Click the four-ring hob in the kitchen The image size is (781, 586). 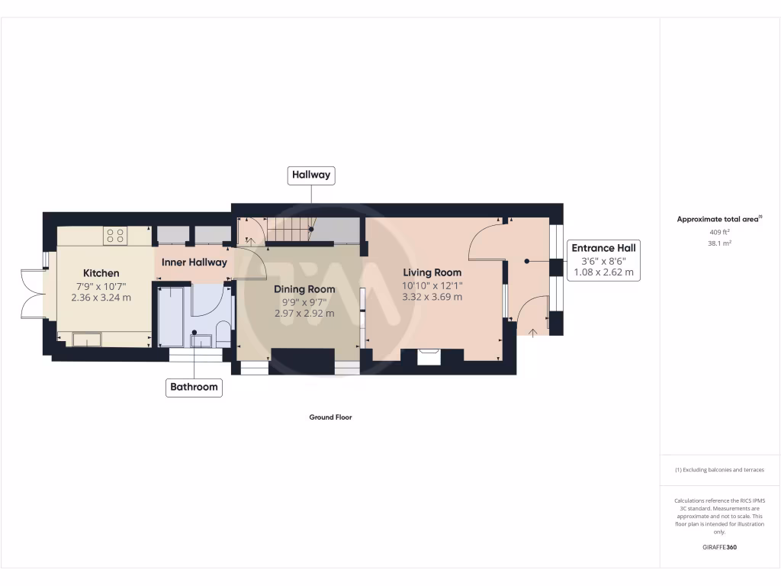(x=116, y=236)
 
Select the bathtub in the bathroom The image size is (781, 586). (x=170, y=314)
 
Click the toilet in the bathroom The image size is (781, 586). (x=223, y=333)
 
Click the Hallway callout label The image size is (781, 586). (x=311, y=175)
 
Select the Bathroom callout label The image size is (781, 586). (x=194, y=387)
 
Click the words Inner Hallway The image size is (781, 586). (x=194, y=262)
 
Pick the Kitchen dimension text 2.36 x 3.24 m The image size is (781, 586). (x=101, y=298)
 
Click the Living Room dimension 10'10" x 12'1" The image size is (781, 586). (x=432, y=285)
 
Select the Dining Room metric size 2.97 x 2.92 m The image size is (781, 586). (x=304, y=313)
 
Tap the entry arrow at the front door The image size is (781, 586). (x=532, y=330)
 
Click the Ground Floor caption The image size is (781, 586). (x=330, y=417)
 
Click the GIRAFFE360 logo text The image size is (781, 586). (x=719, y=547)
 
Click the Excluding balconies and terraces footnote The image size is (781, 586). (x=719, y=470)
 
